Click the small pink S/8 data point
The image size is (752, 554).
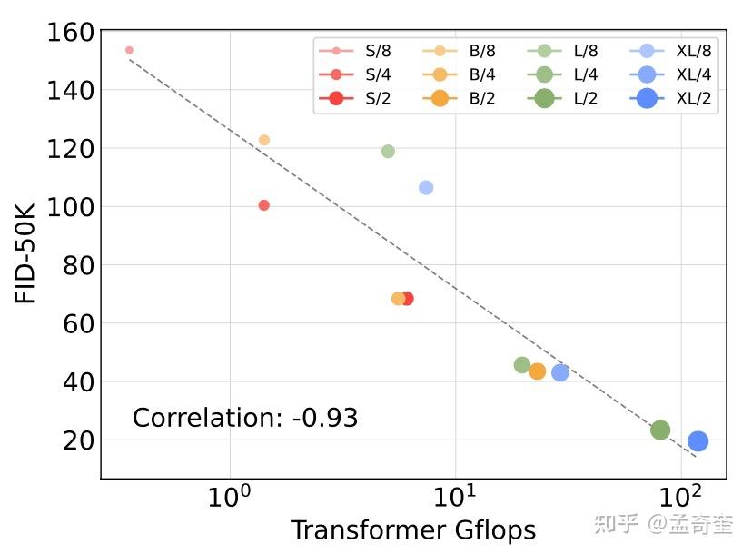coord(129,50)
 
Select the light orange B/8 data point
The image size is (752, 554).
coord(264,140)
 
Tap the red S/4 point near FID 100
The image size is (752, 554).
coord(264,205)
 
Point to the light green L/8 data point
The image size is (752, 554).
coord(388,152)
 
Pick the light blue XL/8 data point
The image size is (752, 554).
coord(426,188)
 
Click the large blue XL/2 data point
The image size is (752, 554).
coord(698,441)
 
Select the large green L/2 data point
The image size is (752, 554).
coord(660,430)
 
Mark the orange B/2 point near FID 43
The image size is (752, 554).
coord(538,371)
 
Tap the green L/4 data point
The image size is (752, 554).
coord(522,365)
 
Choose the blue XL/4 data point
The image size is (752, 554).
coord(560,372)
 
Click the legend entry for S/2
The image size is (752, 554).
coord(359,99)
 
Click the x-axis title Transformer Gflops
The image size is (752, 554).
coord(412,530)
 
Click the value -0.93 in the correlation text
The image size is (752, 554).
coord(325,419)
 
